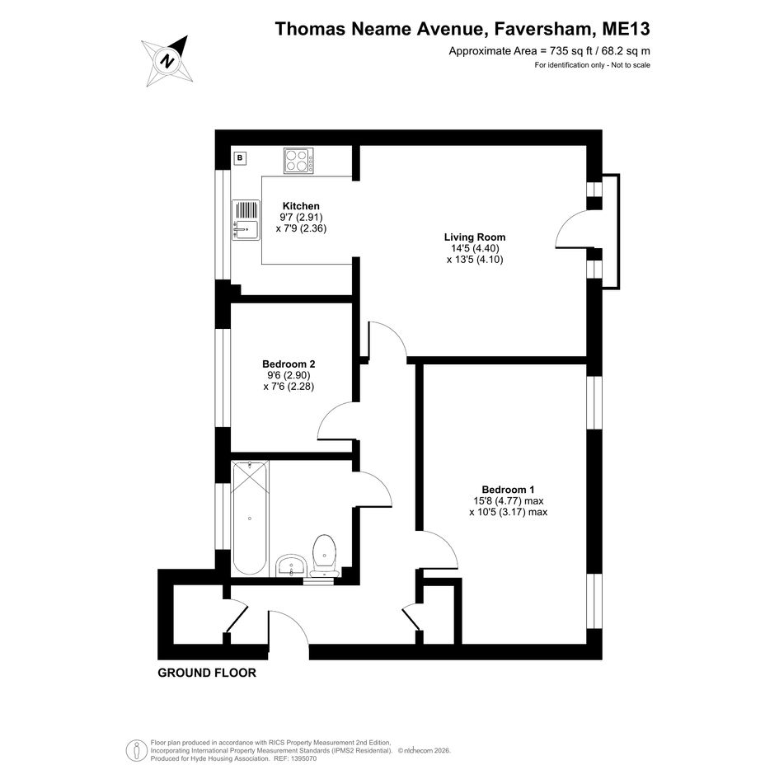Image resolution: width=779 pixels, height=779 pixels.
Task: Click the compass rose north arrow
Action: [x=167, y=61]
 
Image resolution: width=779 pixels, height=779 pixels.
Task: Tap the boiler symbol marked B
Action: [x=240, y=158]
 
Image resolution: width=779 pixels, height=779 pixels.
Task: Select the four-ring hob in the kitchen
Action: [x=298, y=161]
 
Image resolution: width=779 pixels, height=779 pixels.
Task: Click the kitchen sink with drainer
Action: [x=246, y=219]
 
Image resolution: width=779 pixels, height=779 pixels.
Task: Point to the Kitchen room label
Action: [x=301, y=206]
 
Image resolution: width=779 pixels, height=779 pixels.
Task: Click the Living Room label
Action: [x=475, y=237]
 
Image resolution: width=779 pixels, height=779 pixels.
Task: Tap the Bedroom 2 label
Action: [x=289, y=364]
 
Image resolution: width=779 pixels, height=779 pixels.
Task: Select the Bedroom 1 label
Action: [x=509, y=490]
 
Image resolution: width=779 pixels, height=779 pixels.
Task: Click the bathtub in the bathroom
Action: [x=250, y=519]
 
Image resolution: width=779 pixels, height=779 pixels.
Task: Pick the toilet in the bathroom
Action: [x=325, y=555]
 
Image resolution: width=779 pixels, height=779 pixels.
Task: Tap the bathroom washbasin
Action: [x=291, y=565]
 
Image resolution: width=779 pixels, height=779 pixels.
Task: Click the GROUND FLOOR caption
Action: [x=207, y=673]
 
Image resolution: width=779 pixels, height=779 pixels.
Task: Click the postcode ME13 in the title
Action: [x=626, y=29]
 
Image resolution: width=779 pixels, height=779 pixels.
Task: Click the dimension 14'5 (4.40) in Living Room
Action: [x=475, y=248]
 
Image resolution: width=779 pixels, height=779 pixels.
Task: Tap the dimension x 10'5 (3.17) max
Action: [x=509, y=512]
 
